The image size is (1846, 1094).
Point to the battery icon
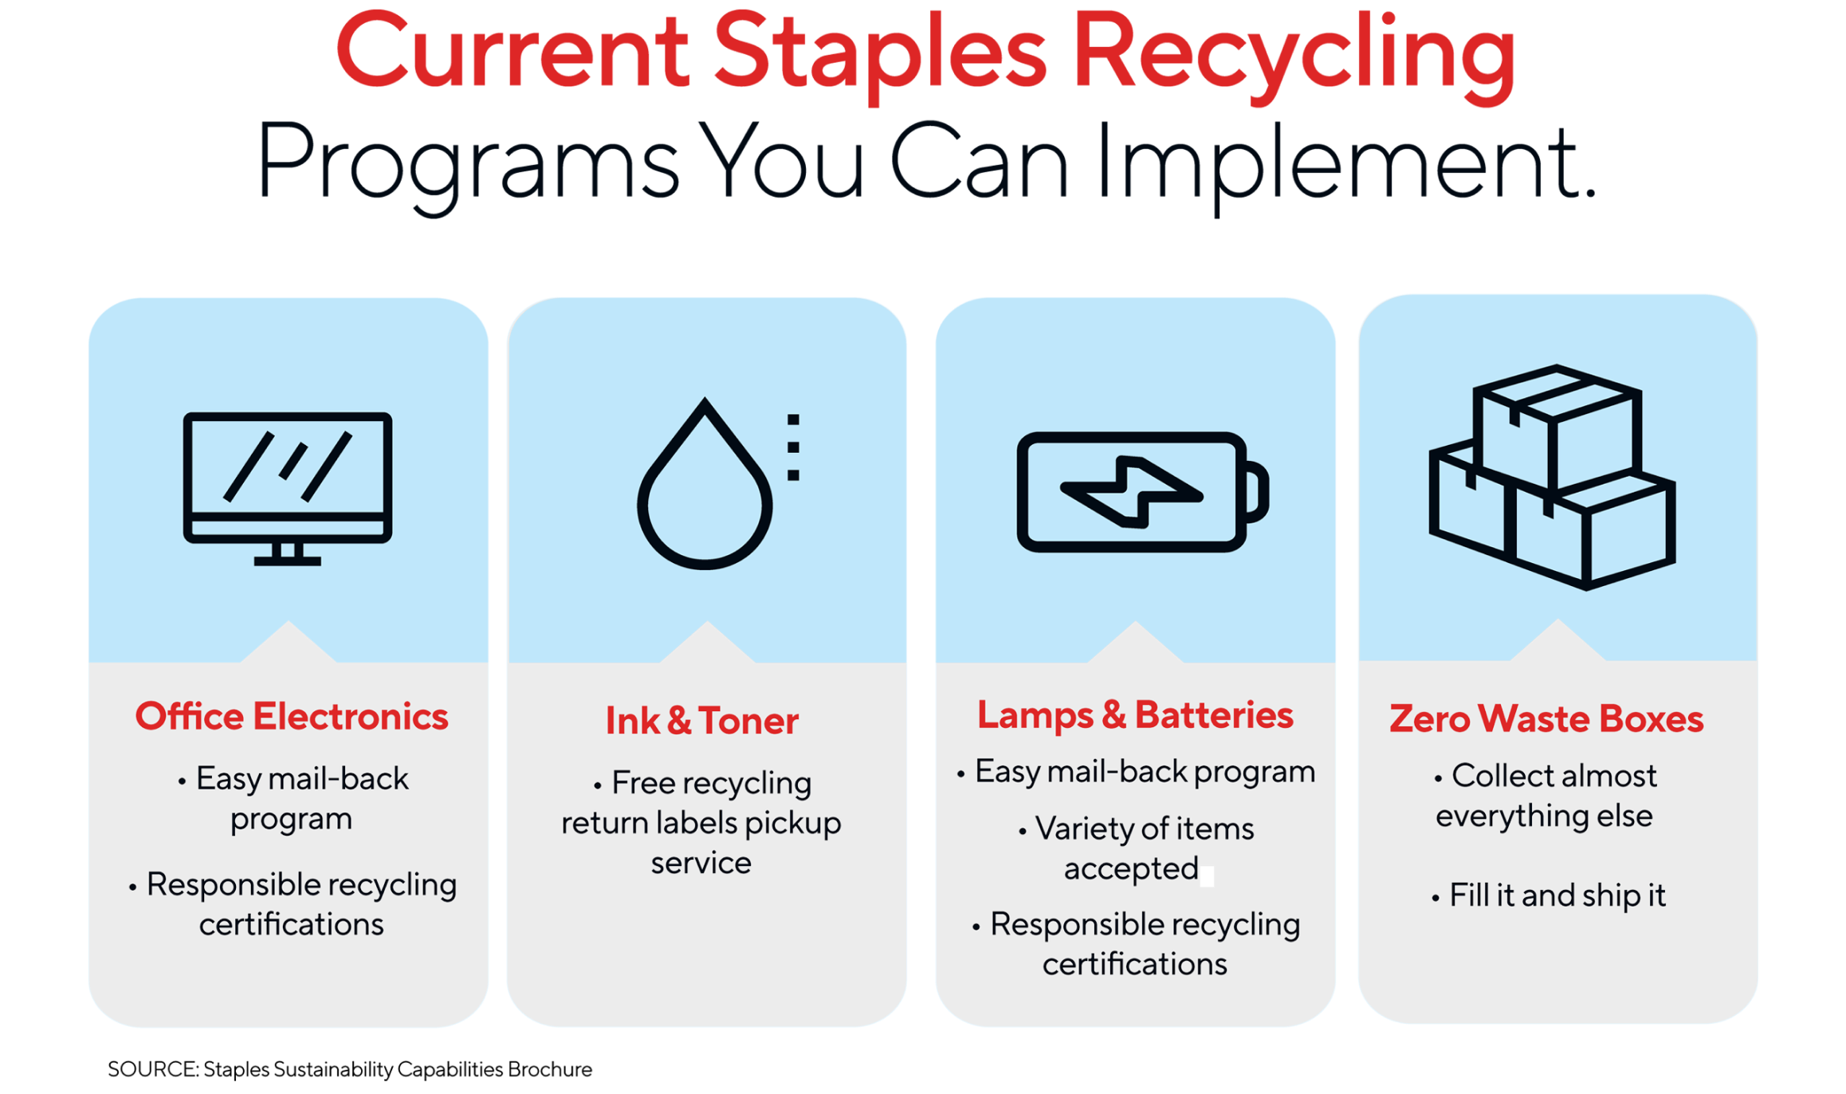point(1141,492)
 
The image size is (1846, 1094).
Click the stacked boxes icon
point(1553,478)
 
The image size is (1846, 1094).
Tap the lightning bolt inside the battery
point(1131,492)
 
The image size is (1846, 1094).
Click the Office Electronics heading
point(292,716)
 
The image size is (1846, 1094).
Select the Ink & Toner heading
point(701,721)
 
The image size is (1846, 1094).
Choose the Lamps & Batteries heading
point(1135,714)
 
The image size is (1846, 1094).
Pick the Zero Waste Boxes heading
point(1546,718)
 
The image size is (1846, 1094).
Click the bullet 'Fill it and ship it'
point(1557,895)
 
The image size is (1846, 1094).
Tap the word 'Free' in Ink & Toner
point(643,783)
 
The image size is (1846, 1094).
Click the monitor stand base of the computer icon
point(288,561)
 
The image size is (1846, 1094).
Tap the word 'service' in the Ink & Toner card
point(701,864)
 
